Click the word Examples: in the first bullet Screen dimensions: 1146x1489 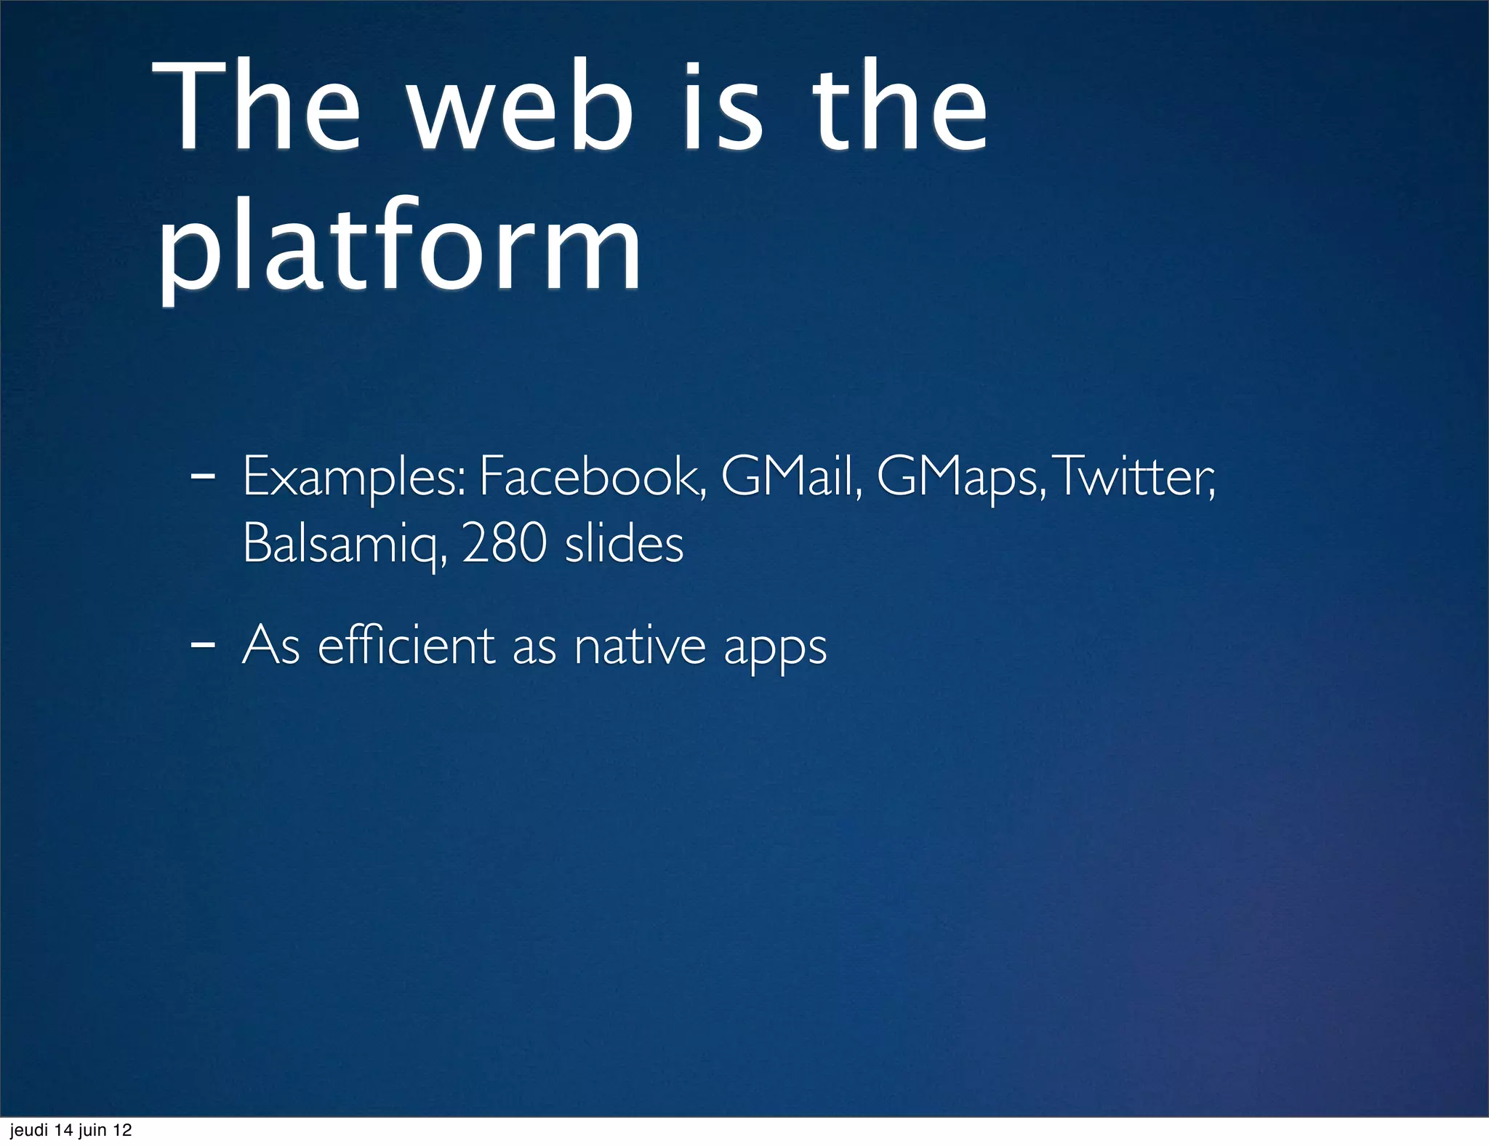click(x=354, y=477)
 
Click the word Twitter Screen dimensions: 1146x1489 click(x=1134, y=477)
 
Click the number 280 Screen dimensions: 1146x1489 click(x=504, y=544)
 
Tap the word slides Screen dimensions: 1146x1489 click(x=624, y=544)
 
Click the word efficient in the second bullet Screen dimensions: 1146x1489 click(x=406, y=646)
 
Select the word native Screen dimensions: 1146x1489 click(x=640, y=646)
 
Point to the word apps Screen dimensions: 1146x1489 click(x=775, y=647)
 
